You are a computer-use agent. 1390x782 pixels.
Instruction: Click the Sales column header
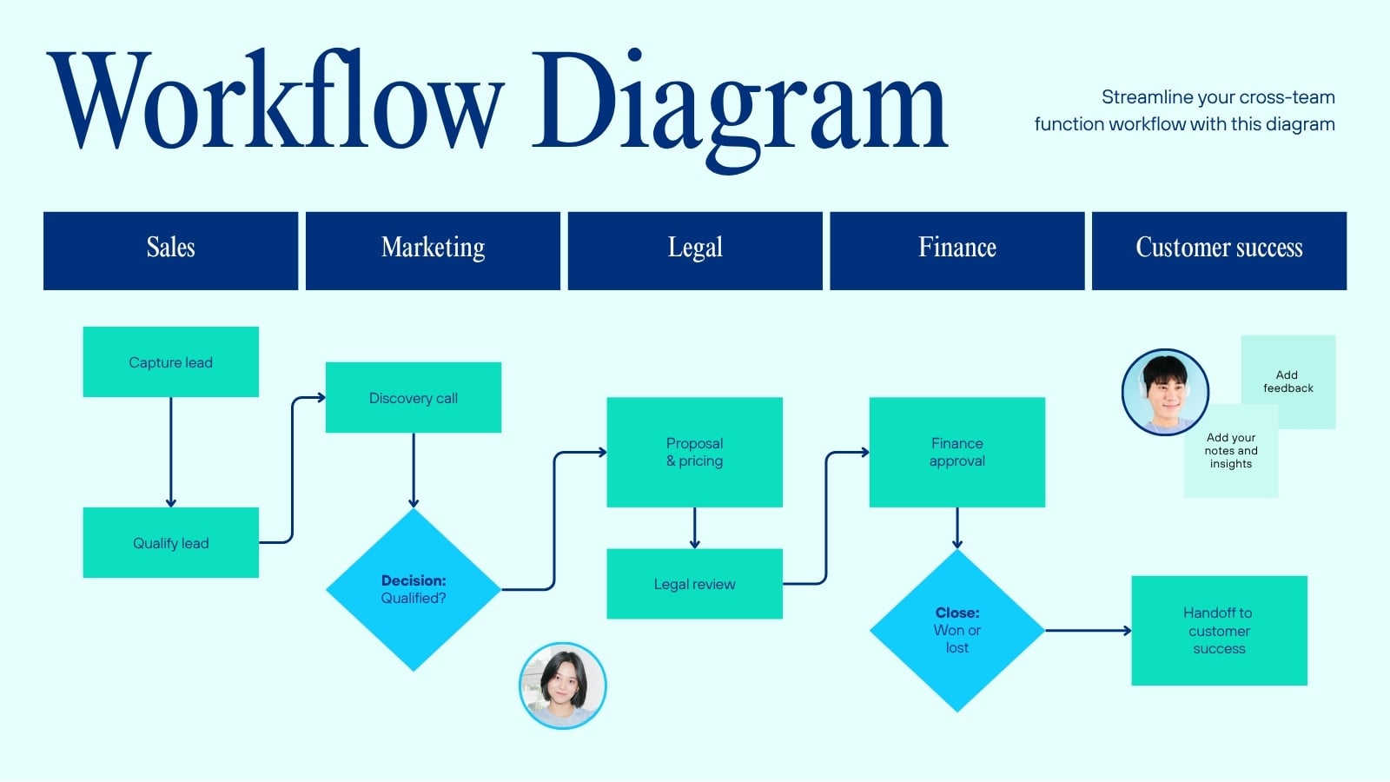(x=170, y=251)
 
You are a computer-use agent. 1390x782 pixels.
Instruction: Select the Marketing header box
(x=434, y=251)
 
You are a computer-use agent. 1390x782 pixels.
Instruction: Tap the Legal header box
(x=695, y=251)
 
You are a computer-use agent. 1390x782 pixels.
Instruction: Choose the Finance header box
(x=957, y=251)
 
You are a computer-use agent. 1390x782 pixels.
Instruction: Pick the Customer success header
(x=1220, y=251)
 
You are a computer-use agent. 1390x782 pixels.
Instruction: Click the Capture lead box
(x=170, y=361)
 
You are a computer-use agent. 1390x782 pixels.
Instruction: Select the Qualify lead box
(x=170, y=543)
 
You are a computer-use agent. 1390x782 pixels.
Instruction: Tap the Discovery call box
(x=414, y=398)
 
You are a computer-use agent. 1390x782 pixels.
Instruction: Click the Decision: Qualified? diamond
(x=414, y=590)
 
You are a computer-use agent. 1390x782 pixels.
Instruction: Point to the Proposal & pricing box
(x=694, y=453)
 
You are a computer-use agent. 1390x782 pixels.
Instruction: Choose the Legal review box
(x=694, y=584)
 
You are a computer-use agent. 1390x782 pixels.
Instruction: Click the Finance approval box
(x=956, y=453)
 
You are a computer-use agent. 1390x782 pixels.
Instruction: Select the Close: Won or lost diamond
(x=956, y=631)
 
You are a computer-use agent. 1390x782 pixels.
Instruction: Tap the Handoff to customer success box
(x=1220, y=631)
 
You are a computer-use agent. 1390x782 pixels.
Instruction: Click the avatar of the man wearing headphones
(x=1165, y=392)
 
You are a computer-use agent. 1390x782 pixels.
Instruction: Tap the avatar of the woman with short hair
(x=563, y=686)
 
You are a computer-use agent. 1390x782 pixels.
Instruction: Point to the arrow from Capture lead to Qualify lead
(x=170, y=453)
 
